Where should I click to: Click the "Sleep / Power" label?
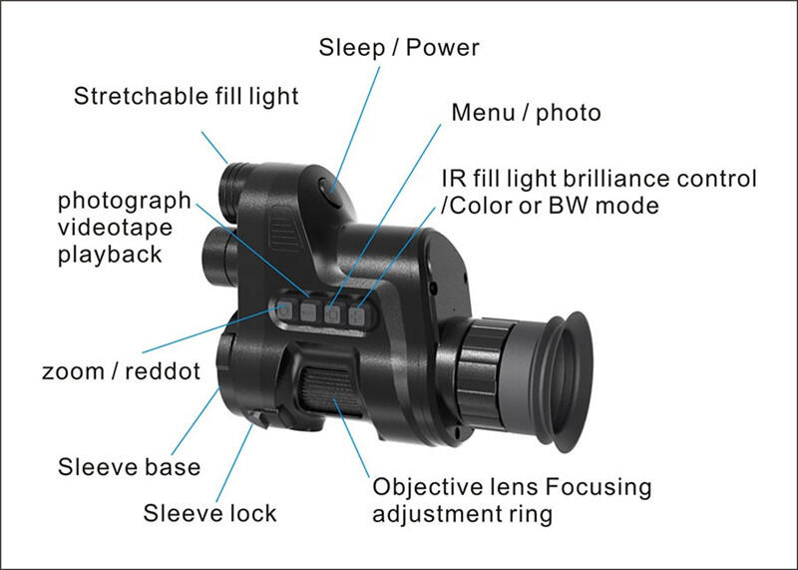tap(399, 47)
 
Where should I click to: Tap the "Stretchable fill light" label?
tap(187, 97)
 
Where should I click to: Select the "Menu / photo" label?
tap(526, 112)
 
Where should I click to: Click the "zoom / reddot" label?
tap(121, 371)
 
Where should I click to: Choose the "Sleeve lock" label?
tap(209, 513)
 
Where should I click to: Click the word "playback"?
tap(109, 254)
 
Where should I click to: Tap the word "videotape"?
tap(115, 227)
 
